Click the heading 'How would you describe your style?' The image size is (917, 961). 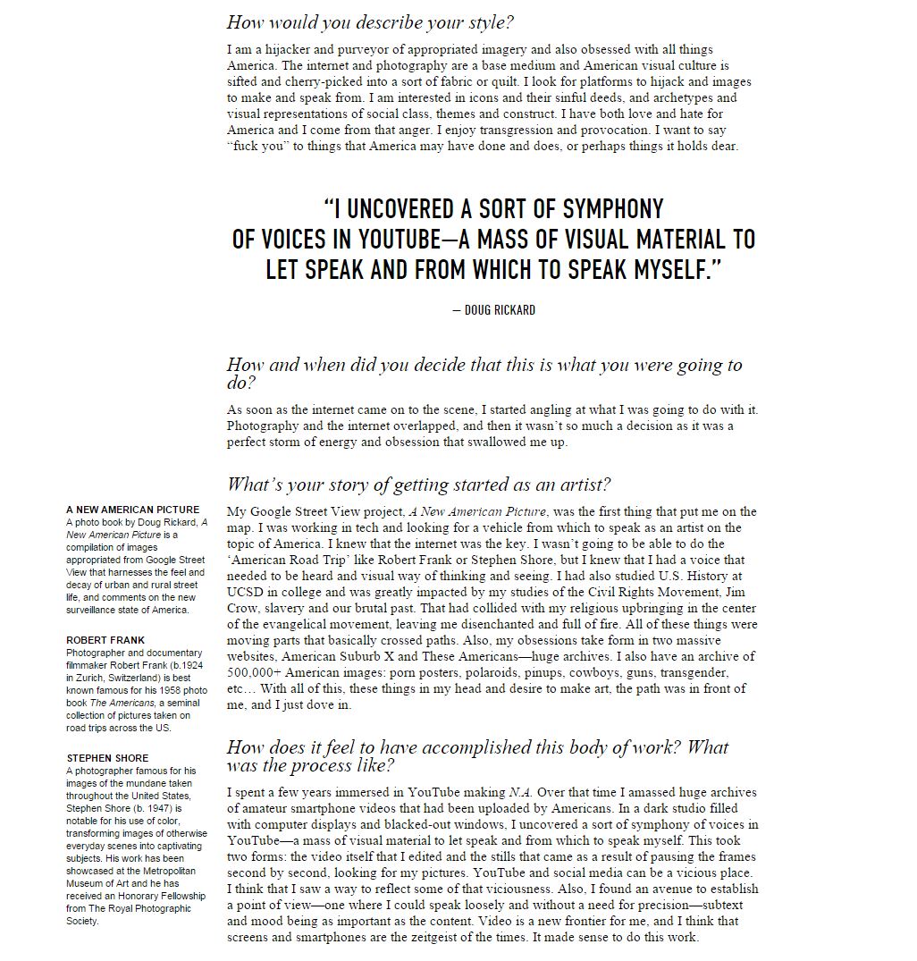pyautogui.click(x=370, y=22)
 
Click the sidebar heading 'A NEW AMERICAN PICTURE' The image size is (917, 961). pyautogui.click(x=133, y=510)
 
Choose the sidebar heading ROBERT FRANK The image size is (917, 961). pyautogui.click(x=105, y=640)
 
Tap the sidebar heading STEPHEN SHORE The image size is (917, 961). pyautogui.click(x=108, y=758)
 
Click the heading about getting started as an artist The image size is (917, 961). pyautogui.click(x=418, y=485)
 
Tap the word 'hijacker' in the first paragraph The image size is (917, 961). pyautogui.click(x=273, y=49)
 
